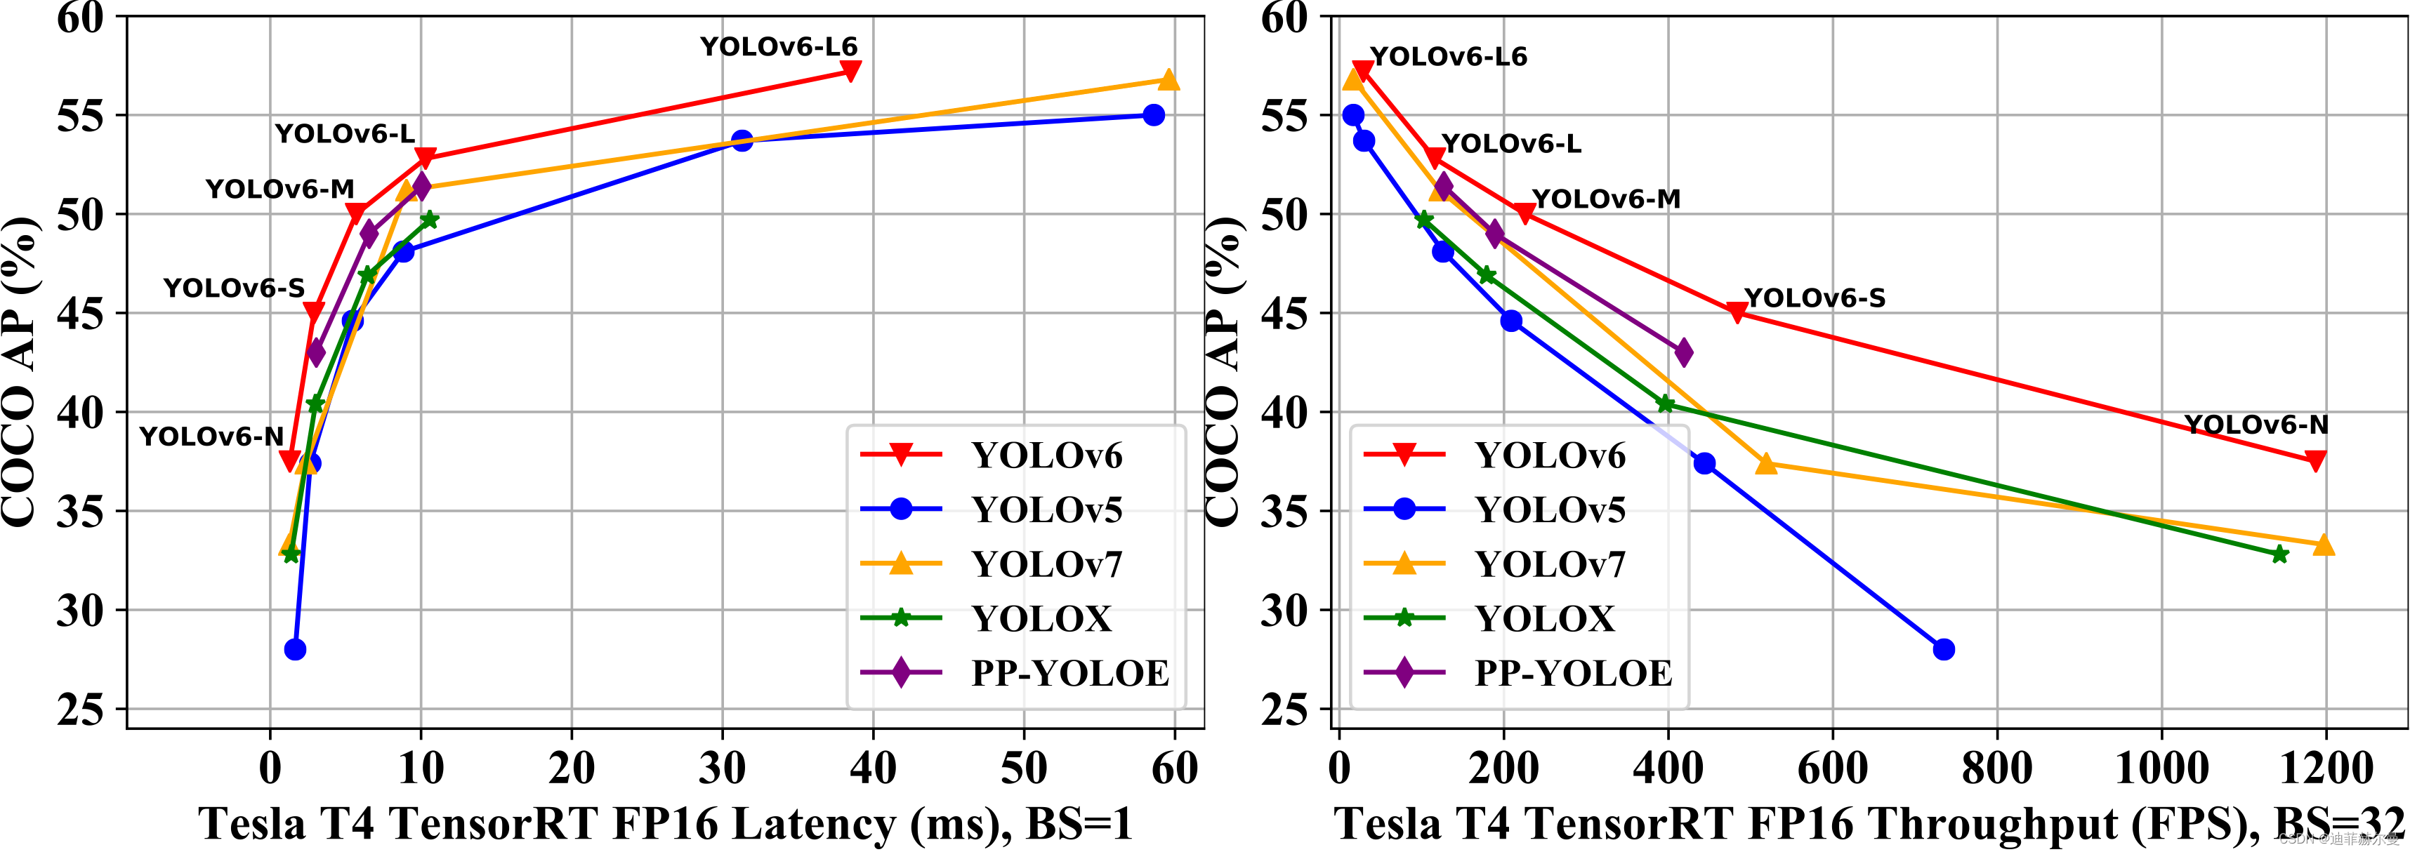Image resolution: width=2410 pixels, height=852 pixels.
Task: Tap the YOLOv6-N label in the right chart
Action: (2256, 425)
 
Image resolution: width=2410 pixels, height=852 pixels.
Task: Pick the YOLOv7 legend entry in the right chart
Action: (1549, 565)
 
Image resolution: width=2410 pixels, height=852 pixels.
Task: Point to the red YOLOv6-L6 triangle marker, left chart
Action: (850, 70)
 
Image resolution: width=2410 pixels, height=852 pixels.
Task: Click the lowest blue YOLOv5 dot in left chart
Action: (295, 649)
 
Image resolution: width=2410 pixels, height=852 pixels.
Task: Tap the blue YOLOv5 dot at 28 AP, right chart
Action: (1943, 649)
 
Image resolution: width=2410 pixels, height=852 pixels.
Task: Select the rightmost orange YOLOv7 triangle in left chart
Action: (1168, 81)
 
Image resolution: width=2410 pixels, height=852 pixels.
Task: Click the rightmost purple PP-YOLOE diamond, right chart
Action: (1683, 352)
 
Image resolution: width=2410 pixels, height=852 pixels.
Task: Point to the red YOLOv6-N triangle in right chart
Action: (2315, 460)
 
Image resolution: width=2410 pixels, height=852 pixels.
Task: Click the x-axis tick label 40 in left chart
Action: (873, 768)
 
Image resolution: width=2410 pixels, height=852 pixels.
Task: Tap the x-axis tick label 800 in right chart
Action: (1996, 768)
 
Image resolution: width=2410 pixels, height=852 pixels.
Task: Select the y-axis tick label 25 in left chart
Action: (81, 710)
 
